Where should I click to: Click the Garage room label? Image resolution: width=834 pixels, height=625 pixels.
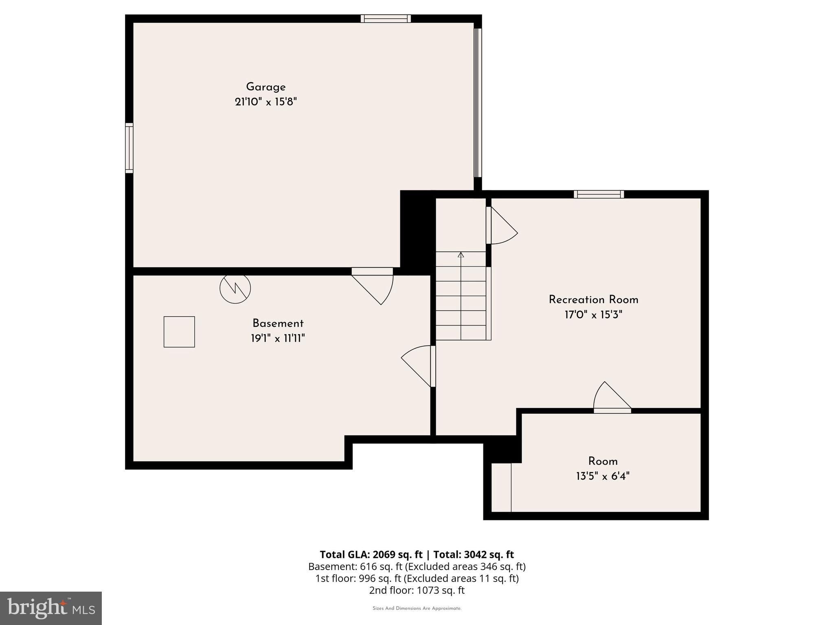coord(266,87)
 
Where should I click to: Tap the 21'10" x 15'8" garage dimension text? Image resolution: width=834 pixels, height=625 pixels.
coord(266,102)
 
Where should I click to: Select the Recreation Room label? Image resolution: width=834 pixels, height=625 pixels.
coord(593,300)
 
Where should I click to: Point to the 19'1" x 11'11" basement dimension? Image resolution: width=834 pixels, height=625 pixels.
coord(278,339)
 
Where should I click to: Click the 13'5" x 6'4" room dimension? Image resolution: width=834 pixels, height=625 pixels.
coord(603,476)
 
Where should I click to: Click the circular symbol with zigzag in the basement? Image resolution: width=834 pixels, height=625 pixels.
coord(235,288)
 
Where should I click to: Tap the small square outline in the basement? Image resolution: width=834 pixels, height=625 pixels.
coord(179,332)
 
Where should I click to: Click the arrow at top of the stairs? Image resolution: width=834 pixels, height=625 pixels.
coord(461,255)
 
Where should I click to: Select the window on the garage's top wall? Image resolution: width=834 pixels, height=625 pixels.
coord(386,19)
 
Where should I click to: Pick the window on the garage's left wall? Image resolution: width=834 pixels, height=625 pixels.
coord(129,148)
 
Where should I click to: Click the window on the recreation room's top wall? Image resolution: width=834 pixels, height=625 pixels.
coord(599,194)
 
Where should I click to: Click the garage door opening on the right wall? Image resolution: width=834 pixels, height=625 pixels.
coord(478,103)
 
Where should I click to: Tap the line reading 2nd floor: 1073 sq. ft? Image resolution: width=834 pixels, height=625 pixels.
coord(417,590)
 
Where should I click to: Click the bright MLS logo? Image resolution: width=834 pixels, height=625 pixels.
coord(51,608)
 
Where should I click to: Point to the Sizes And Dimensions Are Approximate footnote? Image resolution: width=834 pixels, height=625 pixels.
coord(417,608)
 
